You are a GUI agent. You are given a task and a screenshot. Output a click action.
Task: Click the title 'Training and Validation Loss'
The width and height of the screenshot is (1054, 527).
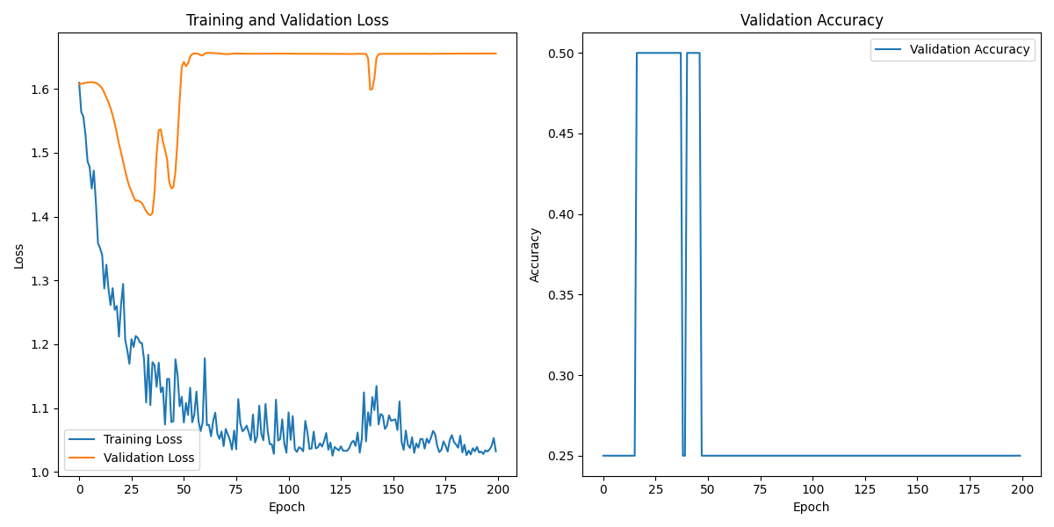click(287, 20)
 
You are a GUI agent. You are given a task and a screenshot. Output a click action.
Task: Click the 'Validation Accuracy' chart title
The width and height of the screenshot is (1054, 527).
click(812, 20)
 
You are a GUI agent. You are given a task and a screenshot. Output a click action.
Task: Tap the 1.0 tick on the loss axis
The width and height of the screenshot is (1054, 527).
click(42, 473)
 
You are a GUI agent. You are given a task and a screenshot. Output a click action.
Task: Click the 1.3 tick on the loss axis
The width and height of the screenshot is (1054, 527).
click(42, 281)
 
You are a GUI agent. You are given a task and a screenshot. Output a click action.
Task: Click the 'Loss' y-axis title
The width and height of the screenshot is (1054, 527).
click(19, 256)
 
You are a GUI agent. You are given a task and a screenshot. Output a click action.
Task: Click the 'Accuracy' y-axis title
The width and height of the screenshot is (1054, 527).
click(535, 255)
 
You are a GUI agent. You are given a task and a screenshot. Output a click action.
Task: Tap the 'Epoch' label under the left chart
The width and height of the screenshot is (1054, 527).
click(287, 507)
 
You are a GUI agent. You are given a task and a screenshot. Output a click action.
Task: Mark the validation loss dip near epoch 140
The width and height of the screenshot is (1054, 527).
click(371, 89)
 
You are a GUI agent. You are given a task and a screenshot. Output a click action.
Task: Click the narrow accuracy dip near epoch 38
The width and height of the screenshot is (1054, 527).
click(683, 454)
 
